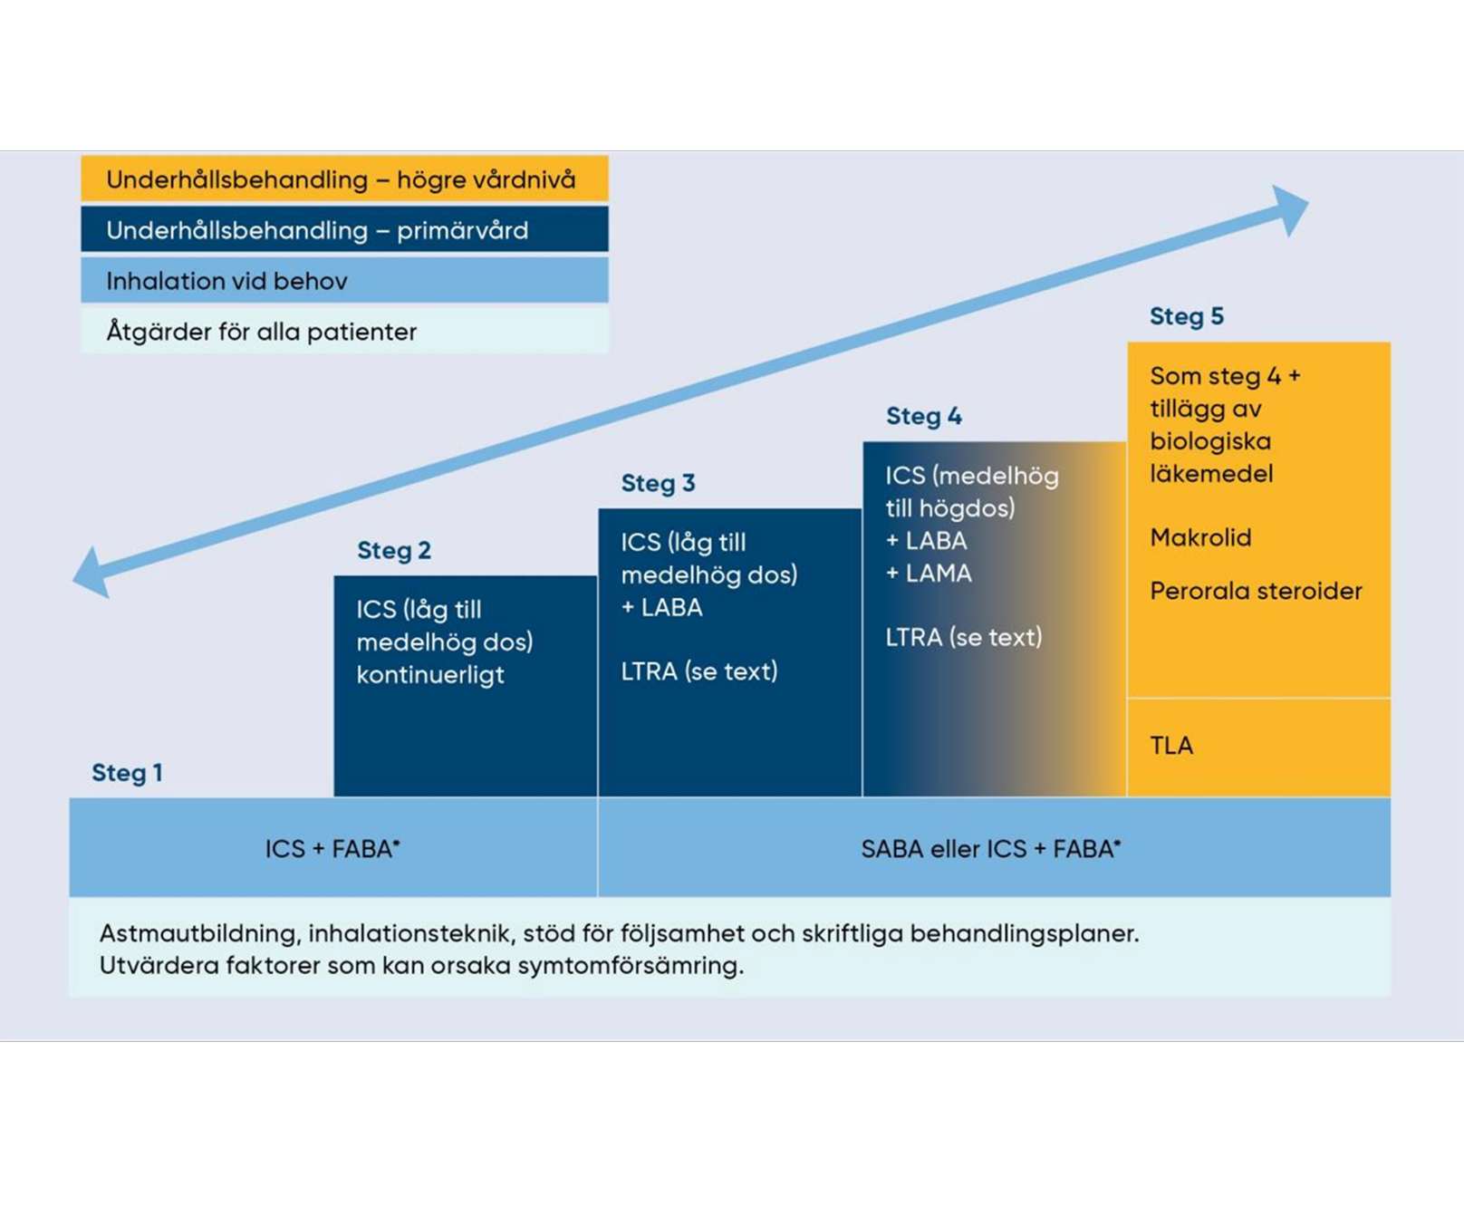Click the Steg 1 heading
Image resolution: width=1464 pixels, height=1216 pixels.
click(x=127, y=773)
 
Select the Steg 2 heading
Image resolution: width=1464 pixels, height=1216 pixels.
click(x=394, y=551)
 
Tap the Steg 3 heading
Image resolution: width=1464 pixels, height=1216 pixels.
click(x=659, y=484)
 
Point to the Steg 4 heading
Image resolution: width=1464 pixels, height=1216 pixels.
click(x=924, y=417)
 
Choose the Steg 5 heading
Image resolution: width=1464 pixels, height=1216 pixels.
click(x=1187, y=316)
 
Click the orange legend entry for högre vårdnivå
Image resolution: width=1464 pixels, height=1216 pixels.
click(x=344, y=179)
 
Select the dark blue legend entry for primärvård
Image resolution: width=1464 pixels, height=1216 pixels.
click(x=344, y=230)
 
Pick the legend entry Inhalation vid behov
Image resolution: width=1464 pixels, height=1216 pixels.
click(x=344, y=281)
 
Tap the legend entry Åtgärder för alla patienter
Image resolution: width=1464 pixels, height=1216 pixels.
click(x=344, y=332)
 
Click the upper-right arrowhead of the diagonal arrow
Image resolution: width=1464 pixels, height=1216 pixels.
click(x=1290, y=207)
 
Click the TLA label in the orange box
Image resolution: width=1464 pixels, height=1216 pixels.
click(x=1171, y=746)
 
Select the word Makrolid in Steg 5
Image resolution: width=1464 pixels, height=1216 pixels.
click(x=1200, y=538)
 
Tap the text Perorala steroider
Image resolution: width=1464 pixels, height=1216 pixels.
click(x=1256, y=592)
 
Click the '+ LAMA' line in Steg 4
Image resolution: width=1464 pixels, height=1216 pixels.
click(x=929, y=574)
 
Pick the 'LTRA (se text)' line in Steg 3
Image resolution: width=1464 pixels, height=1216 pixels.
click(x=699, y=671)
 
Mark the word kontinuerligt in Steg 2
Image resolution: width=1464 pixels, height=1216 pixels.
click(x=430, y=675)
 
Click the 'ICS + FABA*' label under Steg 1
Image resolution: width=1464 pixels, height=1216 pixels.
click(x=332, y=849)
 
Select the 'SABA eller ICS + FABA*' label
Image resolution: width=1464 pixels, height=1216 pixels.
click(x=991, y=849)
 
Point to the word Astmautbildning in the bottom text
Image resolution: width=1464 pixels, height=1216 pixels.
click(x=198, y=933)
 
